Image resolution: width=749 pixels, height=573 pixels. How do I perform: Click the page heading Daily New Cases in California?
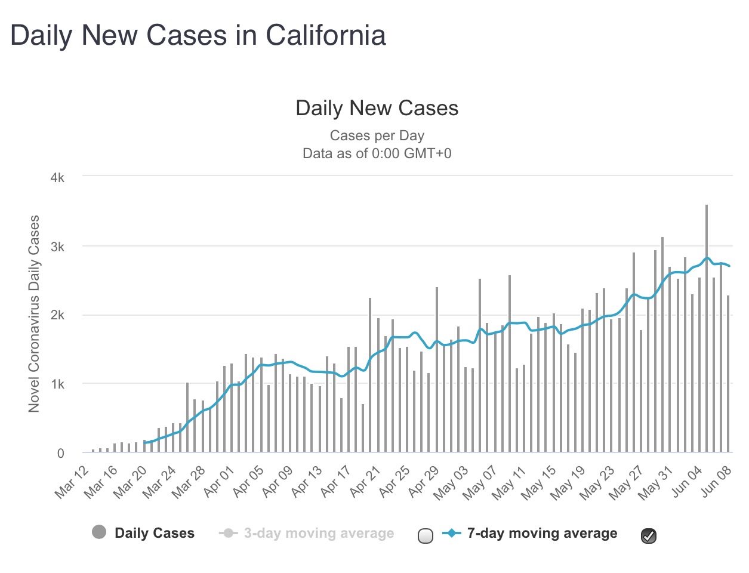click(x=198, y=35)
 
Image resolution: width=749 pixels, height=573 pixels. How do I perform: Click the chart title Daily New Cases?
click(x=377, y=108)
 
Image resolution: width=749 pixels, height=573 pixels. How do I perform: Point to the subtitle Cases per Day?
click(x=377, y=135)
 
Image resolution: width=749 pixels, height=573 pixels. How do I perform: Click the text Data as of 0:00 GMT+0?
click(x=377, y=153)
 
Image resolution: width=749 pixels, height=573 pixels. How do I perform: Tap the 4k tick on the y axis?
click(x=57, y=178)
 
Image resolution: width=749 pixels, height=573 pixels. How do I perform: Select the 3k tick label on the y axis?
click(x=57, y=247)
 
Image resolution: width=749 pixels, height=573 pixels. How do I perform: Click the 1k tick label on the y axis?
click(x=57, y=384)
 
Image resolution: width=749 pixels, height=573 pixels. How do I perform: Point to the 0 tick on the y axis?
click(x=60, y=453)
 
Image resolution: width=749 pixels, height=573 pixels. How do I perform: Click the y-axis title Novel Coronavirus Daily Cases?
click(x=34, y=313)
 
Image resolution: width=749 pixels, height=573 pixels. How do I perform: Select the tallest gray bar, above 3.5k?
click(x=707, y=328)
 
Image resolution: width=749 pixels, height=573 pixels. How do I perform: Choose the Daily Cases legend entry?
click(x=155, y=533)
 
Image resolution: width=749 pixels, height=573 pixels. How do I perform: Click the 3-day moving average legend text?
click(x=319, y=533)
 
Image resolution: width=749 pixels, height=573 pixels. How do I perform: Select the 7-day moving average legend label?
click(x=542, y=533)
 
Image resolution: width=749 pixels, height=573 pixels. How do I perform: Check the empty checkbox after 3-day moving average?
click(x=426, y=536)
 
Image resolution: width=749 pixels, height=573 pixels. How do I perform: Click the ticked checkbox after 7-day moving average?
click(x=649, y=536)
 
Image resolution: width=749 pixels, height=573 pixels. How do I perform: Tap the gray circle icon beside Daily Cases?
click(x=99, y=532)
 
